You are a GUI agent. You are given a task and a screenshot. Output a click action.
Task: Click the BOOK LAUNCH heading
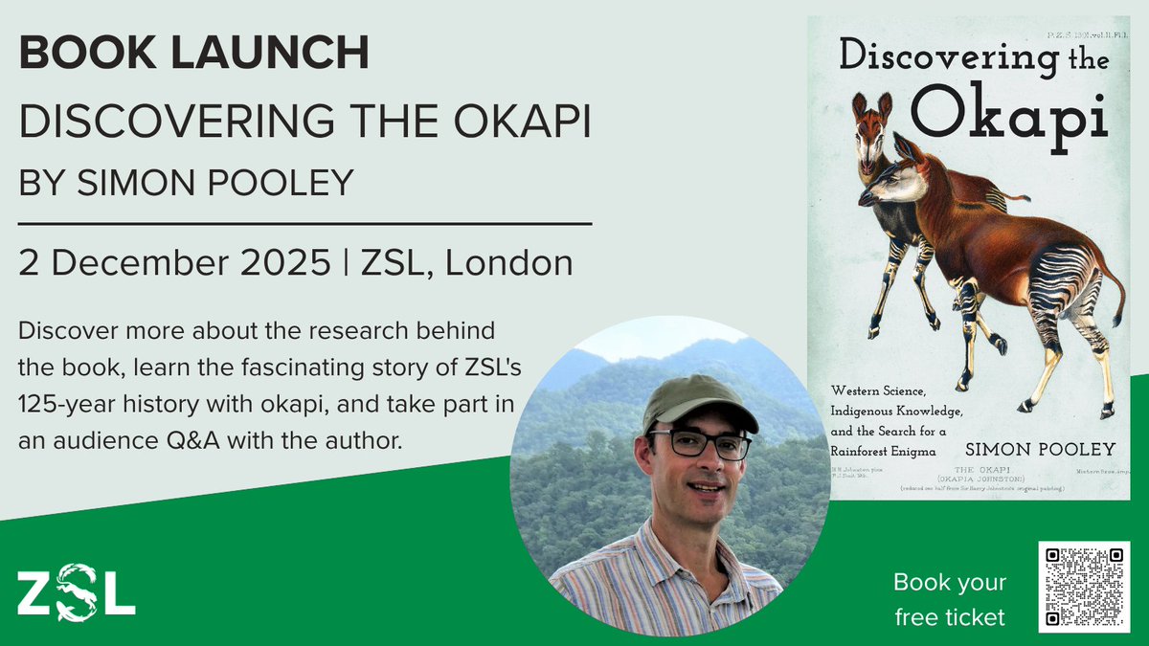click(193, 54)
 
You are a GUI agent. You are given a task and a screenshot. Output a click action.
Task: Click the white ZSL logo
click(76, 593)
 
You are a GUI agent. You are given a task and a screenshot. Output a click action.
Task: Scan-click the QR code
click(1083, 586)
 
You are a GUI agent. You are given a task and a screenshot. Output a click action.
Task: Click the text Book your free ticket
click(949, 599)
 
